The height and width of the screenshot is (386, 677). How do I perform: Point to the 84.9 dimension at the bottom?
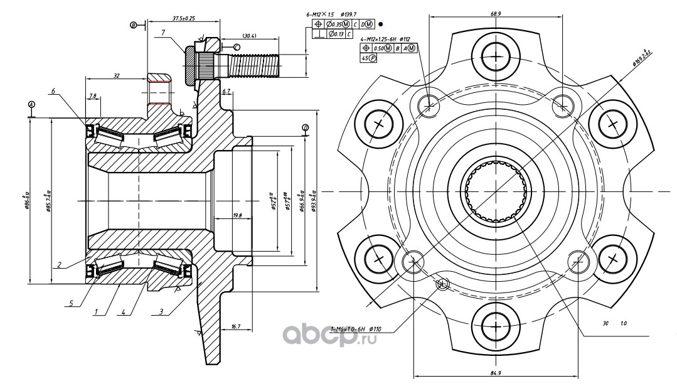coord(496,373)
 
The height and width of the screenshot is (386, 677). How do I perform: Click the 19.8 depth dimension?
coord(237,216)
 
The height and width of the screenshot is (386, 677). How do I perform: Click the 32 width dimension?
coord(117,75)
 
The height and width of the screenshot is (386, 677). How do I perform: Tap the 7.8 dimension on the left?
coord(93,96)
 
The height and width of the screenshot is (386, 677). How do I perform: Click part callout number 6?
coord(54,92)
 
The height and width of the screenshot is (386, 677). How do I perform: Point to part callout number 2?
coord(58,265)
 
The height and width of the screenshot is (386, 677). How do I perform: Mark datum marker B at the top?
coord(134,24)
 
